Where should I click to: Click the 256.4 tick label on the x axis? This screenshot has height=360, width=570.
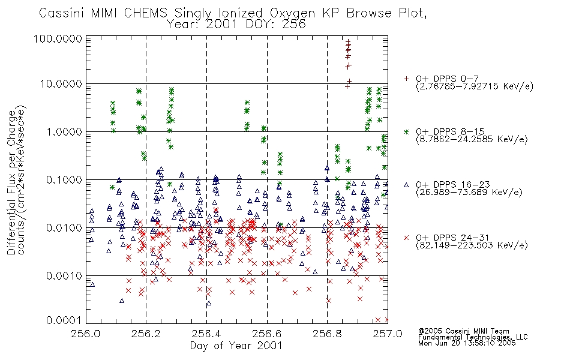pyautogui.click(x=206, y=334)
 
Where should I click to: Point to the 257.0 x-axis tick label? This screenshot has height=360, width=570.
pyautogui.click(x=388, y=334)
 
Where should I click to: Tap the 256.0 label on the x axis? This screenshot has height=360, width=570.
pyautogui.click(x=86, y=334)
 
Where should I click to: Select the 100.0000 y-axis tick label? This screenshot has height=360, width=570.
pyautogui.click(x=58, y=38)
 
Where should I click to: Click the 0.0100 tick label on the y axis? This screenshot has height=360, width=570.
pyautogui.click(x=64, y=228)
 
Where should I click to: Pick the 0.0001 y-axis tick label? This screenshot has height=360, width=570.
pyautogui.click(x=64, y=320)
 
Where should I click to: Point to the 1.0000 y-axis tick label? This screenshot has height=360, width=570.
pyautogui.click(x=64, y=131)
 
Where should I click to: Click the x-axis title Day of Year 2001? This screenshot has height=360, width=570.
pyautogui.click(x=236, y=346)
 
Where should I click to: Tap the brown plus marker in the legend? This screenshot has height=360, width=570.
pyautogui.click(x=406, y=79)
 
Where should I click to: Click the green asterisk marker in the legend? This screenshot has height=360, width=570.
pyautogui.click(x=406, y=131)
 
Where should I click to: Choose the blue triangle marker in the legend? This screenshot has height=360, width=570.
pyautogui.click(x=406, y=185)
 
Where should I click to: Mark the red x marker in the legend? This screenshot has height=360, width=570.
pyautogui.click(x=406, y=238)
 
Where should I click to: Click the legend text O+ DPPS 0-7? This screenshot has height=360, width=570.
pyautogui.click(x=448, y=79)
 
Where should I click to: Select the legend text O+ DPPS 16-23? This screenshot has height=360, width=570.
pyautogui.click(x=453, y=184)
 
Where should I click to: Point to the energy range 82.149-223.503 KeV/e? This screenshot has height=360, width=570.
pyautogui.click(x=472, y=245)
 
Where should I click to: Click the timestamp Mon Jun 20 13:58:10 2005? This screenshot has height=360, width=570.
pyautogui.click(x=467, y=343)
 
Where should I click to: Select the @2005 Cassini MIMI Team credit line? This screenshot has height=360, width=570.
pyautogui.click(x=464, y=331)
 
